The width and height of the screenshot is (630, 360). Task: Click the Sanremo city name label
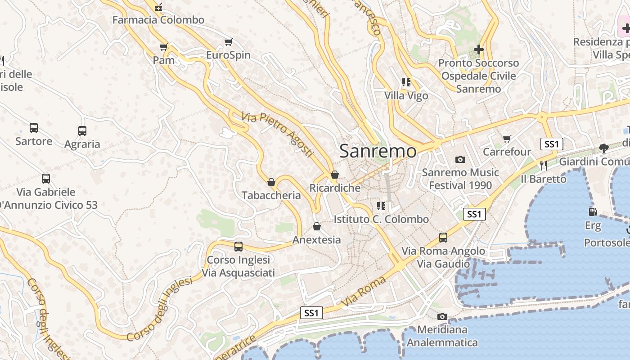378,151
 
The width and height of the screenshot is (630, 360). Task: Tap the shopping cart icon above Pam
164,47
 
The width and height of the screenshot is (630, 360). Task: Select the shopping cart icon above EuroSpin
228,42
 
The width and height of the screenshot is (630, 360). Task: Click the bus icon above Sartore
34,128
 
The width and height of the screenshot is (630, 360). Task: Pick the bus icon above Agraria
82,131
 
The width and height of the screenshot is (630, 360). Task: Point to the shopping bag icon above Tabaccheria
271,182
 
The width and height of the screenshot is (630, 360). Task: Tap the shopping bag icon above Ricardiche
334,175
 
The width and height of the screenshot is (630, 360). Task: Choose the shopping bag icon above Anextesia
317,226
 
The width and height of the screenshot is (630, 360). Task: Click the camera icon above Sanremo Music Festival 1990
460,159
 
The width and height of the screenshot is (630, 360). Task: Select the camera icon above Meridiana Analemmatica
442,316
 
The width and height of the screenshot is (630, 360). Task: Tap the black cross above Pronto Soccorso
479,49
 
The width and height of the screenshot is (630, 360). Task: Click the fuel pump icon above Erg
593,211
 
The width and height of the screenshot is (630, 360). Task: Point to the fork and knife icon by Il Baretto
543,166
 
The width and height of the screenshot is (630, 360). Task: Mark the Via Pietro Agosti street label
277,134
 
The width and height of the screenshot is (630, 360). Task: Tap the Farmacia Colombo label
158,20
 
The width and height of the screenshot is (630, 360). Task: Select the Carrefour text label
507,152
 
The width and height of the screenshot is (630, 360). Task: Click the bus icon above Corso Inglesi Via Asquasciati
238,247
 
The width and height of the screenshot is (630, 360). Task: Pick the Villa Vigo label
406,96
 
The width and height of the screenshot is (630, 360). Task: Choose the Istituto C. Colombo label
381,219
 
